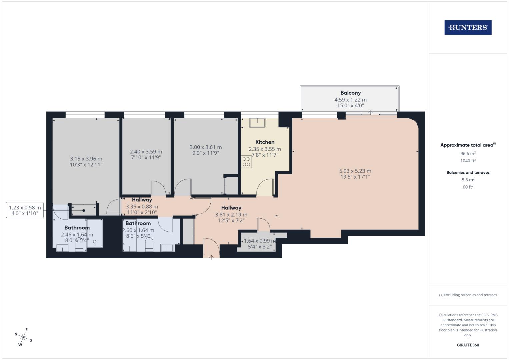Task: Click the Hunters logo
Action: [x=468, y=28]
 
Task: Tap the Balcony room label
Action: [x=350, y=93]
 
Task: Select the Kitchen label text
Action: [x=265, y=142]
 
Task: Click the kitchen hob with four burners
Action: [x=246, y=162]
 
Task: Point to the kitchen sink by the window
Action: [x=256, y=123]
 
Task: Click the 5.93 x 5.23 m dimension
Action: [x=355, y=171]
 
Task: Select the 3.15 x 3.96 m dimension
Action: [x=86, y=159]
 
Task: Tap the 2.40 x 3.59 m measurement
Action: [x=146, y=152]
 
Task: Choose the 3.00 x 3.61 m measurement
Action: [x=206, y=147]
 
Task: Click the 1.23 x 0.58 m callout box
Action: [x=25, y=210]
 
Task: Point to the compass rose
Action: [x=23, y=337]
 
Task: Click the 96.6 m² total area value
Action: [x=468, y=154]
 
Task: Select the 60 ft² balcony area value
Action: [x=468, y=187]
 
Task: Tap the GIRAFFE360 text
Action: [x=468, y=345]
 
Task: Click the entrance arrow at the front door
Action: [x=211, y=257]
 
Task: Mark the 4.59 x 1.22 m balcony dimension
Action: [x=350, y=100]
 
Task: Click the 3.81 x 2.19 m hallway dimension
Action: [x=231, y=215]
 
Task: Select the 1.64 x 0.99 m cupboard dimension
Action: [x=260, y=241]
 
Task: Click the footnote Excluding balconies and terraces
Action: [x=468, y=295]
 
